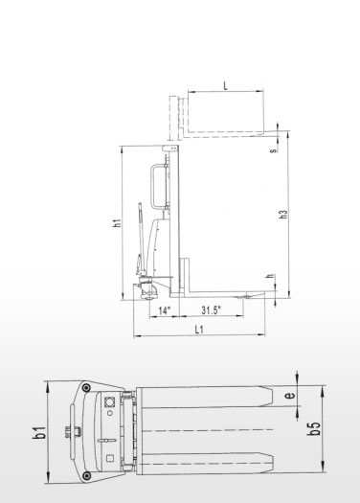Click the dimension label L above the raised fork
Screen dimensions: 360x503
226,86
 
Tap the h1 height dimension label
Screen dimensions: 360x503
118,223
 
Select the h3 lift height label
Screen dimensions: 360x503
283,215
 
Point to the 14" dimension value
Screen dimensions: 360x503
164,310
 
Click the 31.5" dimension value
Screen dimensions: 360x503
212,310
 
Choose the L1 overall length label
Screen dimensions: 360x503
199,330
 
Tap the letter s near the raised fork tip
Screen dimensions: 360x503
274,150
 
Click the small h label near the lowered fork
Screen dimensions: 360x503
271,276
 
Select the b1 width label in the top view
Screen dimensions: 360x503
41,432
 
